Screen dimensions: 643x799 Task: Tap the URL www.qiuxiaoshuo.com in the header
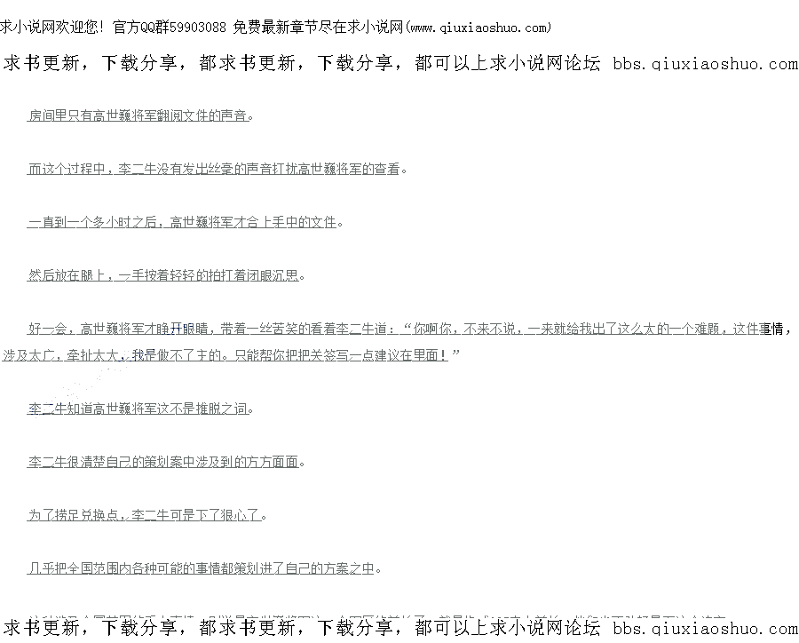pyautogui.click(x=478, y=28)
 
